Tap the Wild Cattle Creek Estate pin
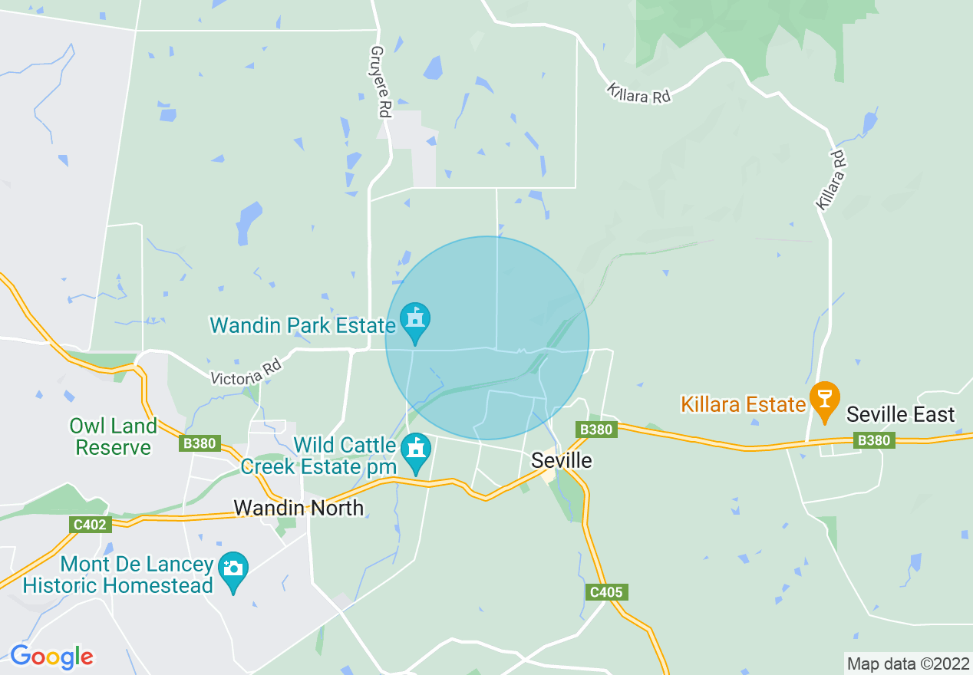click(416, 450)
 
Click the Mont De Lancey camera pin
click(233, 570)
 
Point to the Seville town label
click(562, 460)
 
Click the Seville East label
click(900, 415)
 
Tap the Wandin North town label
click(298, 507)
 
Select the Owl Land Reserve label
click(113, 436)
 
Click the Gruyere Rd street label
click(380, 81)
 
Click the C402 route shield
click(91, 525)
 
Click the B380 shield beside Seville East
click(874, 440)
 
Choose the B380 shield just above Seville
click(596, 430)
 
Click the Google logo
click(51, 657)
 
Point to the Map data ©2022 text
click(907, 663)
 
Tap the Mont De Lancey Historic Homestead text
click(118, 575)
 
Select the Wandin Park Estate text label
click(302, 325)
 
